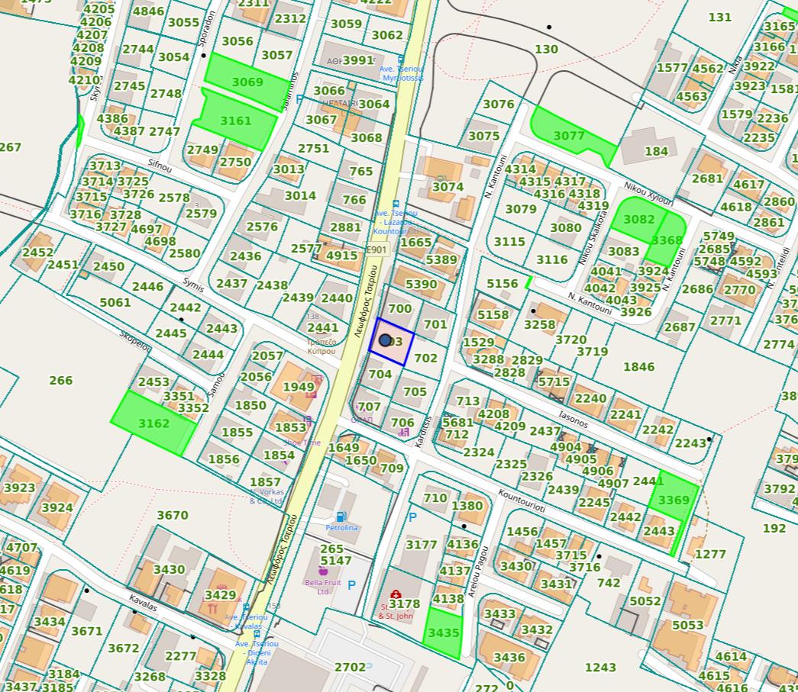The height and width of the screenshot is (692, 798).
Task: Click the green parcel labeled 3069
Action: [x=247, y=82]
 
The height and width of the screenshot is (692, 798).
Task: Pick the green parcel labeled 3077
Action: [x=569, y=135]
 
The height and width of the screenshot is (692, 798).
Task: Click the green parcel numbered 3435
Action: [x=444, y=633]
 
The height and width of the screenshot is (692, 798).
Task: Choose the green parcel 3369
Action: [x=674, y=500]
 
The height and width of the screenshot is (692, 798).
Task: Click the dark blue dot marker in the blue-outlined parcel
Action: [x=386, y=340]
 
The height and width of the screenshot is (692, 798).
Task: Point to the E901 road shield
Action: [x=376, y=249]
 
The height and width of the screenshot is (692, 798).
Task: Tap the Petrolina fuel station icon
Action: [x=341, y=517]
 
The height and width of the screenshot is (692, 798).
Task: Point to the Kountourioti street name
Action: [x=522, y=500]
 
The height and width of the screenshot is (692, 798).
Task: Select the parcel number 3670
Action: [x=172, y=516]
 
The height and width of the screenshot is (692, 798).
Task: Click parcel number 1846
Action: [x=638, y=367]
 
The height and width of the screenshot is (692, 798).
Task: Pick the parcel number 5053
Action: [x=687, y=625]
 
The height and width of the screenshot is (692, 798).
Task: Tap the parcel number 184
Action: [x=656, y=151]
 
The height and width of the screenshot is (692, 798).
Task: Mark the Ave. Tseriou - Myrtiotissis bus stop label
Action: [x=401, y=73]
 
